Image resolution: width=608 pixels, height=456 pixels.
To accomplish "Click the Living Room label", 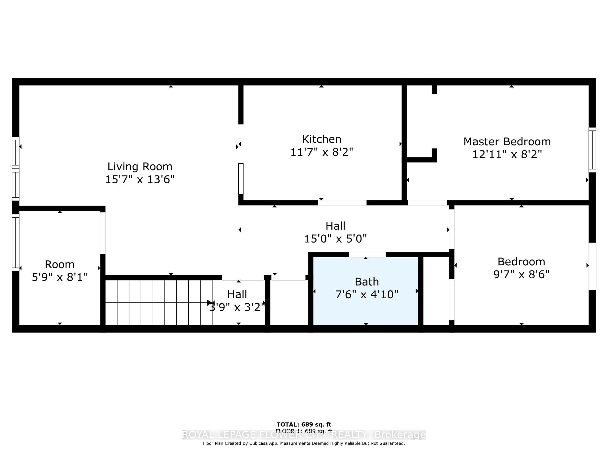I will pyautogui.click(x=140, y=167).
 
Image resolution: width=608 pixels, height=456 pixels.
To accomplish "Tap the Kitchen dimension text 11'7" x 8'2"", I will pyautogui.click(x=321, y=152).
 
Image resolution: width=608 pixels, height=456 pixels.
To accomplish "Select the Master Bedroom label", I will pyautogui.click(x=507, y=142).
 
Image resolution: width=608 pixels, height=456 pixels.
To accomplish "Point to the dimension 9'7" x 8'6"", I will pyautogui.click(x=521, y=274).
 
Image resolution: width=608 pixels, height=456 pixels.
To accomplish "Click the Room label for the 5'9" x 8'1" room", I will pyautogui.click(x=60, y=264).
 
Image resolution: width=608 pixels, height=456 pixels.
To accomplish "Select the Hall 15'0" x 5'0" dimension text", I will pyautogui.click(x=335, y=239).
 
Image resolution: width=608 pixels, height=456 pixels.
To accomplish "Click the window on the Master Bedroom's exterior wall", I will pyautogui.click(x=592, y=150).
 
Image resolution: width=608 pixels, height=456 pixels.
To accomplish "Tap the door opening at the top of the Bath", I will pyautogui.click(x=367, y=254).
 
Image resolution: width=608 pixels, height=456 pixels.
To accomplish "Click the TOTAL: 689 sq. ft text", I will pyautogui.click(x=304, y=425).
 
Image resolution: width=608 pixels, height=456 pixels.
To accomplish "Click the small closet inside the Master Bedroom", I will pyautogui.click(x=419, y=122).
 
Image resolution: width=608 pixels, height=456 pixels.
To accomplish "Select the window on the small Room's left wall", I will pyautogui.click(x=15, y=242).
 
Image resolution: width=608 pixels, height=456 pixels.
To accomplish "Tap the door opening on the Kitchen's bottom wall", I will pyautogui.click(x=342, y=203).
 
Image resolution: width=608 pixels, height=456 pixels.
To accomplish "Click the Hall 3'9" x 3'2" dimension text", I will pyautogui.click(x=237, y=307).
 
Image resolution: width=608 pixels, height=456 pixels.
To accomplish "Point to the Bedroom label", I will pyautogui.click(x=521, y=262).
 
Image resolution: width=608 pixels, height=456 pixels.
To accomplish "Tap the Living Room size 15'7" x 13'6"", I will pyautogui.click(x=140, y=180).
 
